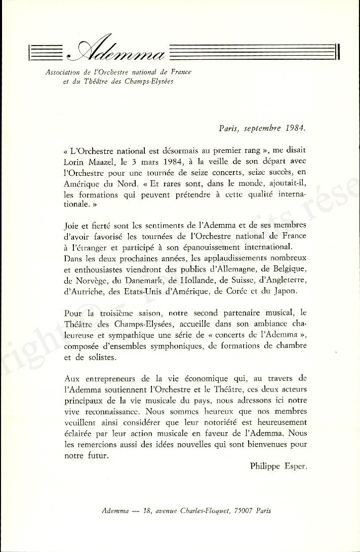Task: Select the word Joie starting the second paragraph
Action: pyautogui.click(x=72, y=225)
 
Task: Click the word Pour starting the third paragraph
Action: pyautogui.click(x=73, y=313)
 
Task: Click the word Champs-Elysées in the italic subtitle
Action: pyautogui.click(x=151, y=82)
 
